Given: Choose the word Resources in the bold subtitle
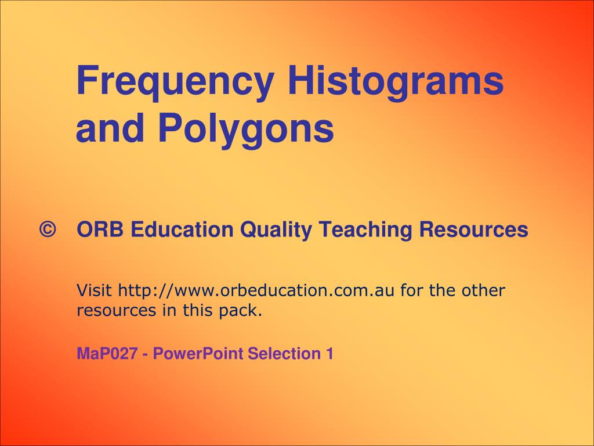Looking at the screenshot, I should [474, 230].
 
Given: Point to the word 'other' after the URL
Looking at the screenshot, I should [483, 290].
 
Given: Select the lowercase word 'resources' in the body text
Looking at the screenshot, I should [117, 311].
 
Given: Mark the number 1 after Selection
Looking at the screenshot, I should [329, 354].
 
